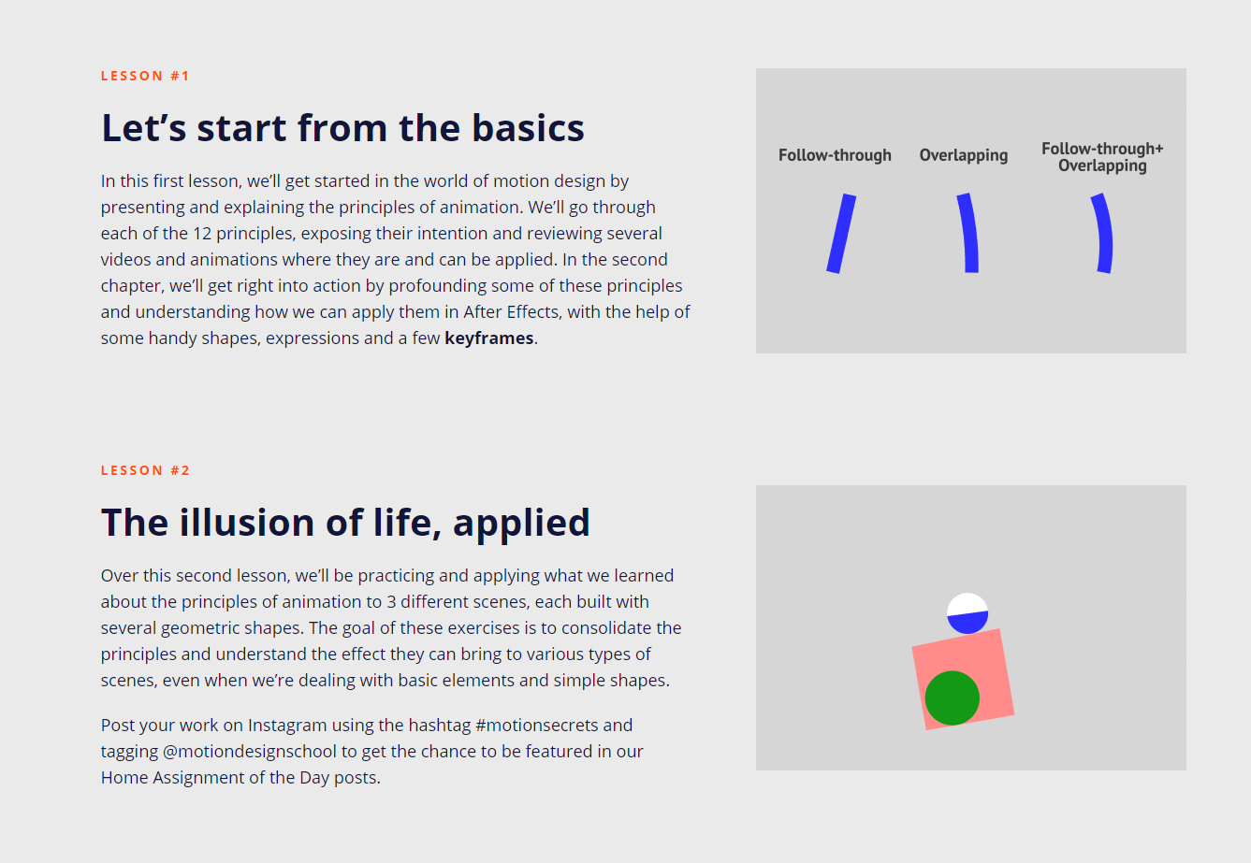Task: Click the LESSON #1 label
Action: (145, 76)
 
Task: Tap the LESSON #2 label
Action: (145, 470)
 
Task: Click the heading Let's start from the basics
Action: (342, 128)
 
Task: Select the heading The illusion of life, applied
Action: (345, 523)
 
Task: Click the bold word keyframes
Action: (488, 338)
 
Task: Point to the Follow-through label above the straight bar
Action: (835, 155)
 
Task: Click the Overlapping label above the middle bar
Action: (964, 155)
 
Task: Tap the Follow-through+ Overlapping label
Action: (1102, 157)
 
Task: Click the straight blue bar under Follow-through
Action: (841, 234)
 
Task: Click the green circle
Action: (953, 698)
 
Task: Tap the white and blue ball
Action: (967, 613)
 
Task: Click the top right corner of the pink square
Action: (999, 629)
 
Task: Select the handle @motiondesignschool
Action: (250, 752)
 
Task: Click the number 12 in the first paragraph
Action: (202, 234)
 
